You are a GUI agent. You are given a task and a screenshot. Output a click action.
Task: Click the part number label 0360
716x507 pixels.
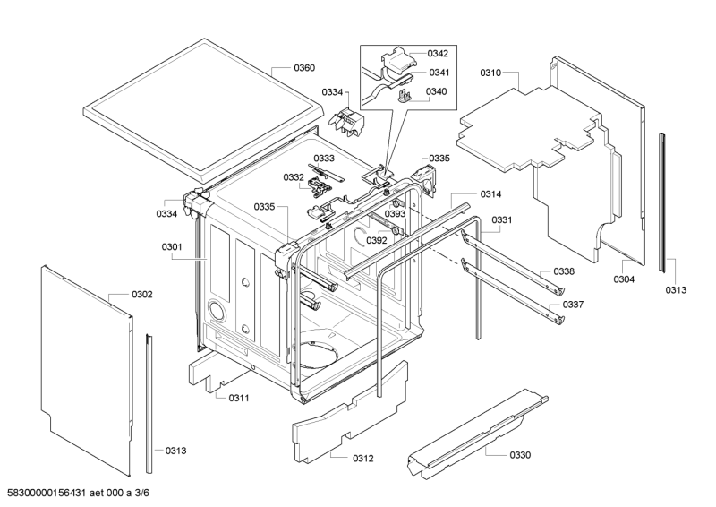coord(304,68)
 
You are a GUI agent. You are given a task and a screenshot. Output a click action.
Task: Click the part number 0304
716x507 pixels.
coord(624,279)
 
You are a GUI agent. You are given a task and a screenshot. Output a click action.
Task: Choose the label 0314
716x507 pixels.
coord(490,194)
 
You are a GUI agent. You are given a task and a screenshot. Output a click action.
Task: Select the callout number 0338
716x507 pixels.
coord(564,271)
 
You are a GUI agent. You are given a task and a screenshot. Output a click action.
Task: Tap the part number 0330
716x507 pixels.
coord(520,455)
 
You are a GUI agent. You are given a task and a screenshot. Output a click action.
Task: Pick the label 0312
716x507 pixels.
coord(363,459)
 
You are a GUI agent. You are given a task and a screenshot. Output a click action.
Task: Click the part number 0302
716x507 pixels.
coord(141,294)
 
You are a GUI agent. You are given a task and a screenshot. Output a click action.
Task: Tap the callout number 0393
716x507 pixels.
coord(396,214)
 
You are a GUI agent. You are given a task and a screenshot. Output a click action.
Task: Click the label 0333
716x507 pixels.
coord(323,158)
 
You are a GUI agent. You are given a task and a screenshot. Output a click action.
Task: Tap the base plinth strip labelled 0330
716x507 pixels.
coord(474,430)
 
